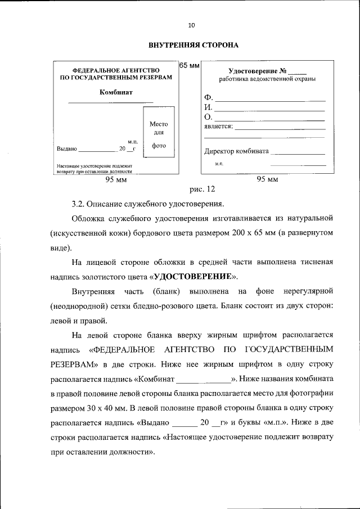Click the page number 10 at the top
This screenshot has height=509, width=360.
[191, 25]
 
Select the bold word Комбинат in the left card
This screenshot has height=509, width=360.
[116, 92]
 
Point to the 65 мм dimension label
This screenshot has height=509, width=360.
[190, 66]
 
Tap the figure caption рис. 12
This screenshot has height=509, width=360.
[202, 190]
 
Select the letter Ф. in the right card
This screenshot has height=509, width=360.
[208, 98]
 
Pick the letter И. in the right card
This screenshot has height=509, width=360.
[208, 107]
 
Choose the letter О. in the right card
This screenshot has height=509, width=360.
[208, 117]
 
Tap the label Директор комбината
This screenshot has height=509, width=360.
[236, 151]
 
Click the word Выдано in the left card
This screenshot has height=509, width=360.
[66, 149]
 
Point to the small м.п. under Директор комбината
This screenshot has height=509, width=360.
[219, 164]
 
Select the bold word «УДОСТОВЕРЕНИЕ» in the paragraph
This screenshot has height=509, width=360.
[194, 277]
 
